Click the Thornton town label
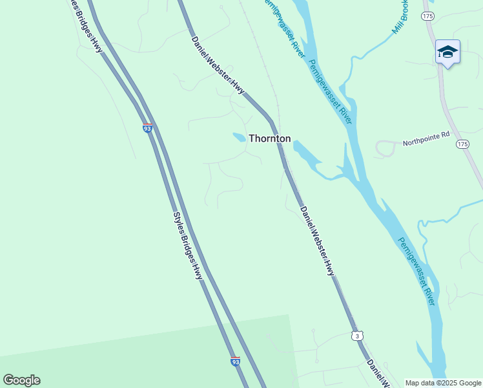point(270,138)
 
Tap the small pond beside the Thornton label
point(239,137)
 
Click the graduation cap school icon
point(447,52)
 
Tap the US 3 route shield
point(358,335)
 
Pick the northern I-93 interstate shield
point(147,128)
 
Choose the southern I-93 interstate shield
point(235,361)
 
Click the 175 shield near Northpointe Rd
point(461,143)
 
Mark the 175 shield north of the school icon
point(426,15)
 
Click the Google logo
point(21,380)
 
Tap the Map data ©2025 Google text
point(443,383)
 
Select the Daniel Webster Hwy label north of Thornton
point(218,65)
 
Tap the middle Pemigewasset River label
point(329,92)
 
